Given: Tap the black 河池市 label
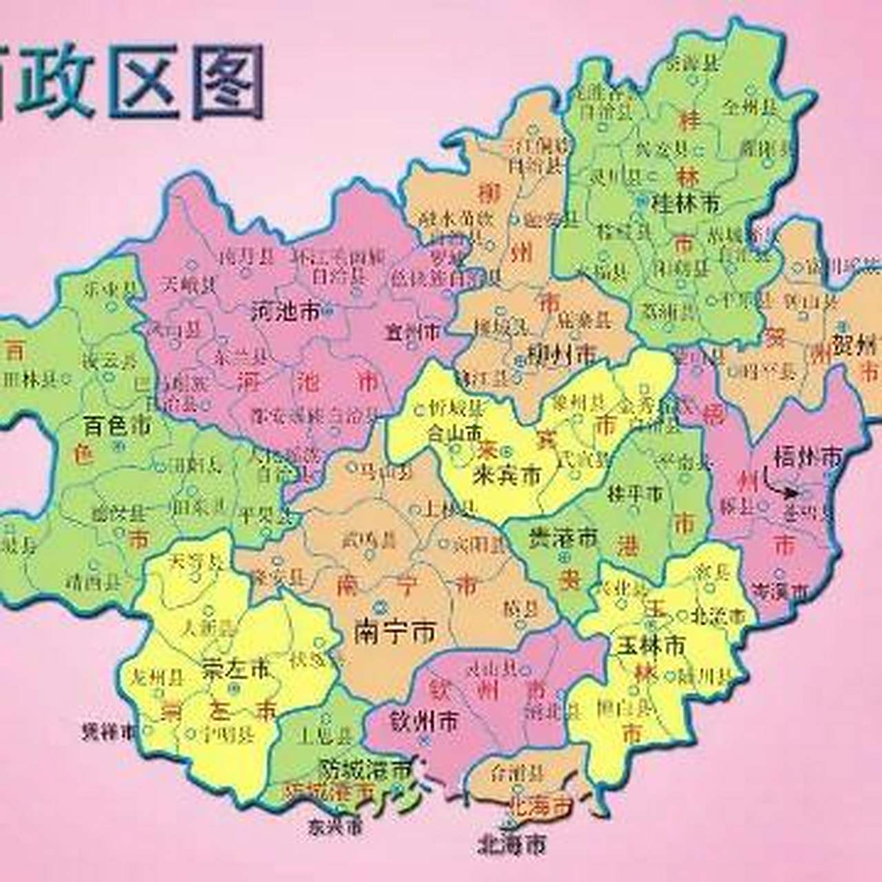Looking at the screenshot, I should tap(285, 312).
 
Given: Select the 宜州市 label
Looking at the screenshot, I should tap(412, 332).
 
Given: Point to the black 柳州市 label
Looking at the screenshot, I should tap(560, 354).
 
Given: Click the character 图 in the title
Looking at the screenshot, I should tap(228, 81).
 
